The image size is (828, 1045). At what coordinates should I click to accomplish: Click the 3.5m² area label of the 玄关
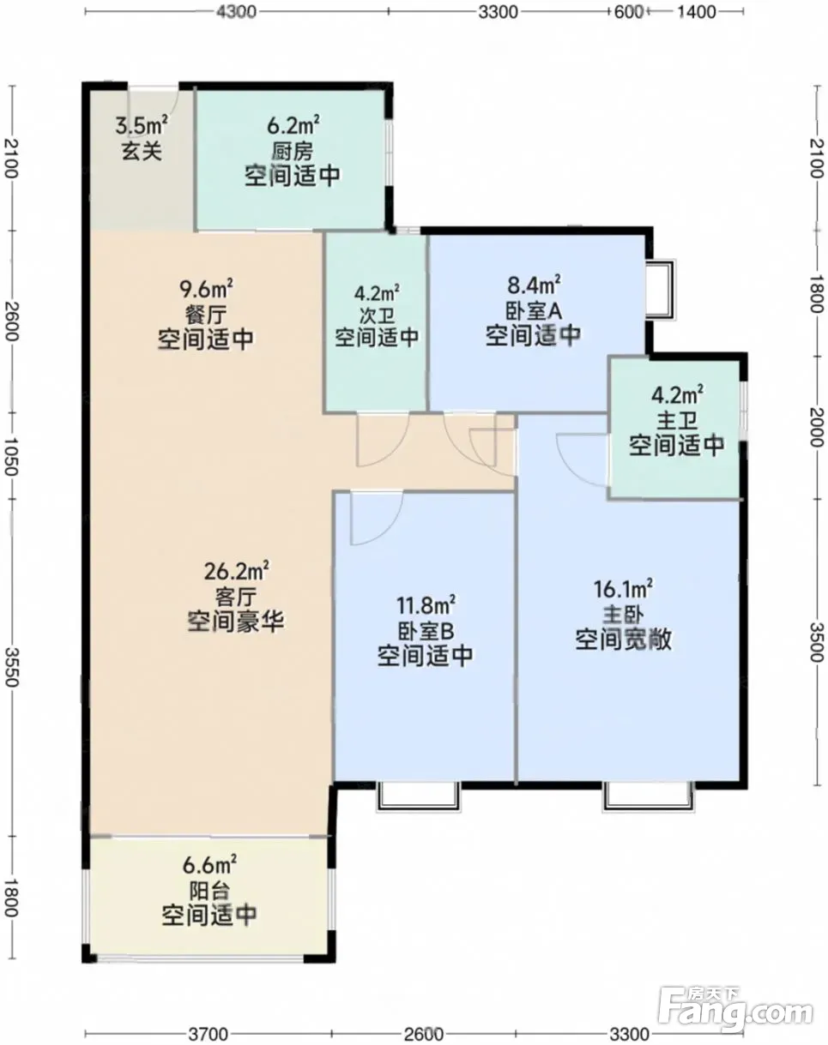[x=142, y=125]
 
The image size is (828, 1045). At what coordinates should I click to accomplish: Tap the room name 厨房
[x=293, y=152]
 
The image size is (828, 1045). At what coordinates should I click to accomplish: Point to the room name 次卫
[x=377, y=316]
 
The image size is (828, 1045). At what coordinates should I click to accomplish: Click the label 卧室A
[x=534, y=311]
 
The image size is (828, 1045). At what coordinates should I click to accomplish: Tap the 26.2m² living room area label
[x=237, y=571]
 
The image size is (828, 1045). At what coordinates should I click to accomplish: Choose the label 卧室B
[x=426, y=631]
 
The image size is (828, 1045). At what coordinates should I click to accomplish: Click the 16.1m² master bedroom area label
[x=623, y=589]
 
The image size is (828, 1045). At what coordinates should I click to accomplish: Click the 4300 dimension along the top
[x=236, y=12]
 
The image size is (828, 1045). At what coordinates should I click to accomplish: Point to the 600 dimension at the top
[x=628, y=12]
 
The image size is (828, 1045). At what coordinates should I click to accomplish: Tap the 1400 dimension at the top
[x=697, y=12]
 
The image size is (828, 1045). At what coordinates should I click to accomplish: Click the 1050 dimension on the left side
[x=11, y=456]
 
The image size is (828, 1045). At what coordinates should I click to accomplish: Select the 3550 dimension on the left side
[x=11, y=667]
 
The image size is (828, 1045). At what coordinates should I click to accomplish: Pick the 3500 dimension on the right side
[x=817, y=642]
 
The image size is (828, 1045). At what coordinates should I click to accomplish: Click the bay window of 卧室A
[x=662, y=290]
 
